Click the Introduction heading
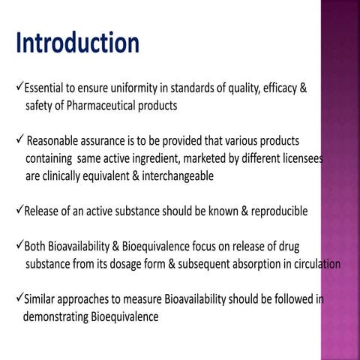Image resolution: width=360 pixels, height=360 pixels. point(77,43)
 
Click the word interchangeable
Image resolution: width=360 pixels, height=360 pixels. point(175,176)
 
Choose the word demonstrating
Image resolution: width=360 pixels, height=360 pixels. point(55,316)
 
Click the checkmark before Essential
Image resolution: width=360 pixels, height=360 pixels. point(19,88)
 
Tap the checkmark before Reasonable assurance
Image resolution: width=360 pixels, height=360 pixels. point(19,141)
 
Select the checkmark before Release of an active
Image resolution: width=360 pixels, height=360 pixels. point(19,211)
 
